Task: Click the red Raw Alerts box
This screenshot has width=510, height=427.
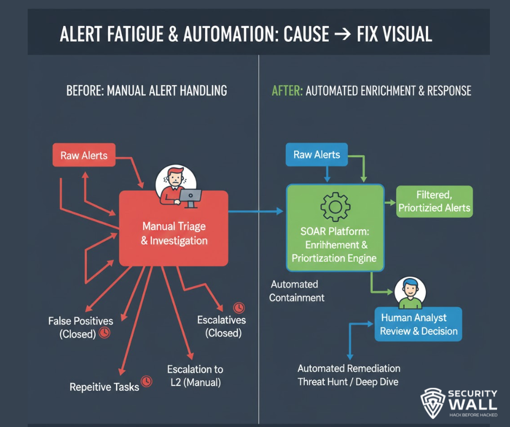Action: [x=84, y=156]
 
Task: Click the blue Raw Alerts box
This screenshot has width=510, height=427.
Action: [x=316, y=154]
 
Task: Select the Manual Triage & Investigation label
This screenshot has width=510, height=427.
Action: [x=174, y=233]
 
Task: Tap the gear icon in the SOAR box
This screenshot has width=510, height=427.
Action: [x=335, y=206]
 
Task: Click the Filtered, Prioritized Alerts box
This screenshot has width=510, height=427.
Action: [x=434, y=202]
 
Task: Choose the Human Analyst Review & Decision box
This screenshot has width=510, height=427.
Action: [x=418, y=324]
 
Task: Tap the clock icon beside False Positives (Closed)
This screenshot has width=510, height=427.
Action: [x=105, y=332]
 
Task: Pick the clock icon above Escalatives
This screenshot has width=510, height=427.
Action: [x=238, y=307]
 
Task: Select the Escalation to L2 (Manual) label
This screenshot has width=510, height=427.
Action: [x=195, y=376]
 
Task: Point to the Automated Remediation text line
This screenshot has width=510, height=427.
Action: [x=349, y=368]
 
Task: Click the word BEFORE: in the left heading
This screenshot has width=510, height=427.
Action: [x=85, y=90]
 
